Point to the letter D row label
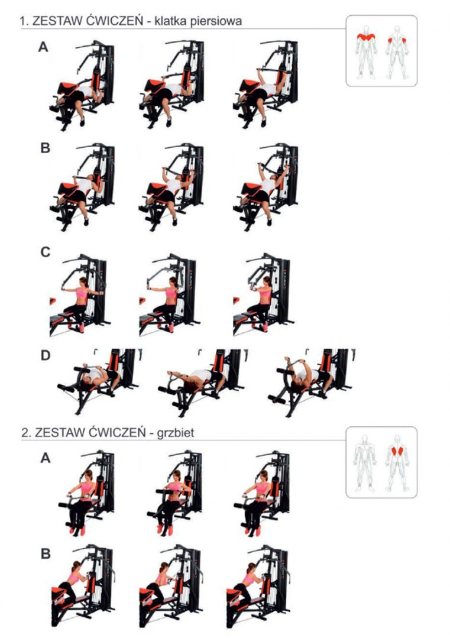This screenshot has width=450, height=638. (45, 356)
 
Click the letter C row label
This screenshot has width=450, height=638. (45, 252)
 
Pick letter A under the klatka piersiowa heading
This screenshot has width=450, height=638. (43, 47)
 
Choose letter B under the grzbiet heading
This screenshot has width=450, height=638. (46, 554)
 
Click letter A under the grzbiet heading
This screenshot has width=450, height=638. (46, 458)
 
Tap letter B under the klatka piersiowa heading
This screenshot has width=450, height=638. (45, 148)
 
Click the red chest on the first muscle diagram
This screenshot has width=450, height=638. (366, 37)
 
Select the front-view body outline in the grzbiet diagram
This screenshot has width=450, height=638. (365, 461)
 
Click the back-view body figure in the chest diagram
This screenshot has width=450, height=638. (397, 52)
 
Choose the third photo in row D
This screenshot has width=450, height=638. (311, 382)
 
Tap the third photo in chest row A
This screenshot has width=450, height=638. (266, 84)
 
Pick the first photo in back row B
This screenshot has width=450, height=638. (83, 585)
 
